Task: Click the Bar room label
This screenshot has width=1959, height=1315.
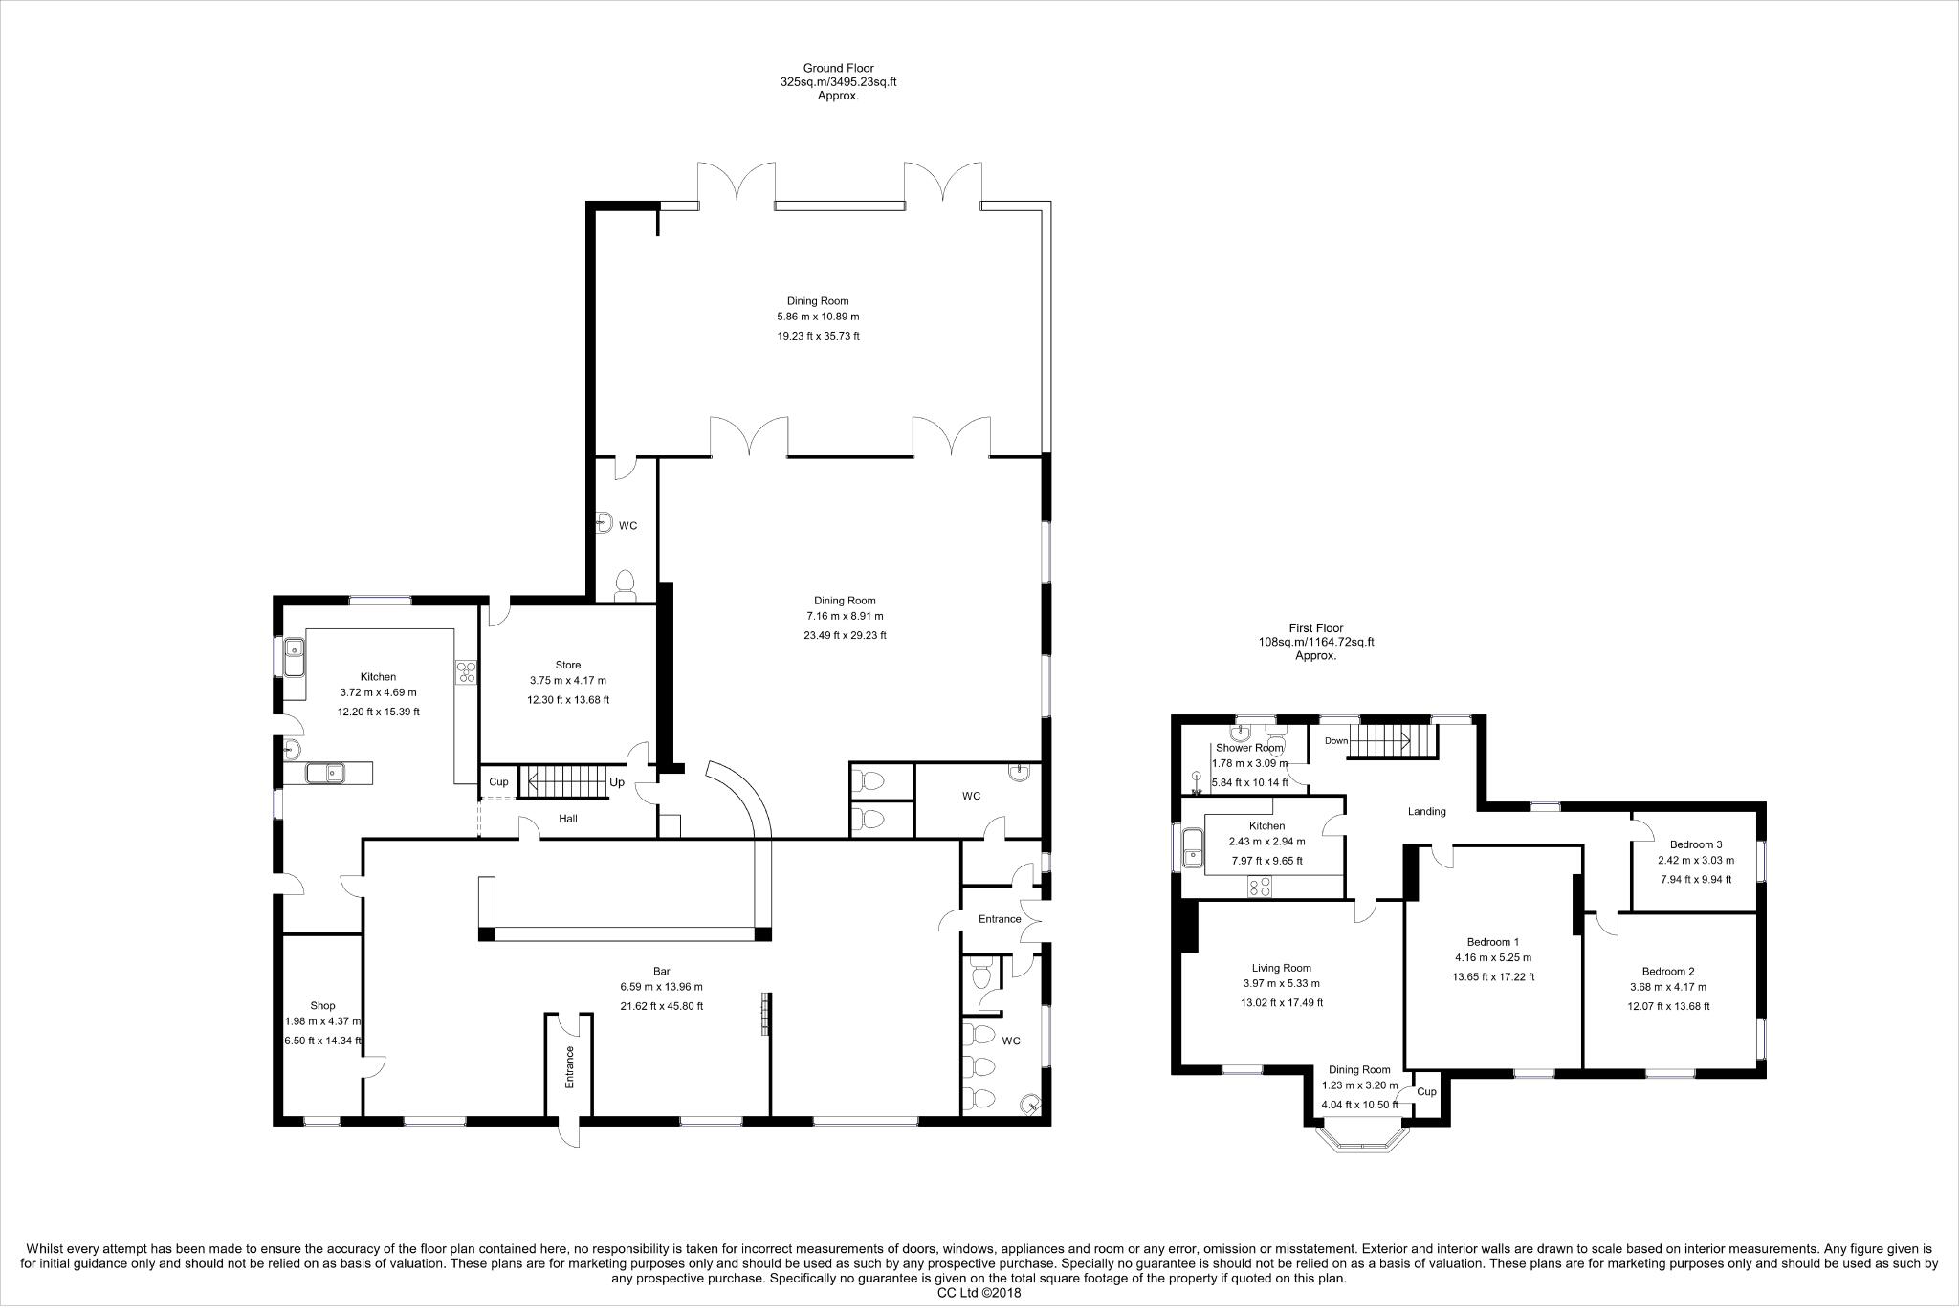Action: [x=660, y=972]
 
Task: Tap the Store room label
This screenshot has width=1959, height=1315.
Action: [x=568, y=665]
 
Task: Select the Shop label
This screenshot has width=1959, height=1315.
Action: [x=322, y=1005]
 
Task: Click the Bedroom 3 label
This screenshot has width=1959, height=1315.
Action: [x=1696, y=844]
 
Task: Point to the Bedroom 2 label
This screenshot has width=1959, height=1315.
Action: [x=1668, y=971]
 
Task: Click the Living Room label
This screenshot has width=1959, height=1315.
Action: [x=1282, y=968]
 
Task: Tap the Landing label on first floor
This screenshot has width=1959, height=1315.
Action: [x=1426, y=811]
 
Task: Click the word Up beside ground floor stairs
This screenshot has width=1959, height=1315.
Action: [x=617, y=782]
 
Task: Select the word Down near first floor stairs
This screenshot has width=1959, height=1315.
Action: [x=1336, y=741]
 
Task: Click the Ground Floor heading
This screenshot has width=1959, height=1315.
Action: [x=838, y=68]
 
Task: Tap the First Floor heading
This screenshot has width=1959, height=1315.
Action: [x=1315, y=628]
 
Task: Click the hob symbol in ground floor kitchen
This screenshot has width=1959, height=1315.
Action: [x=466, y=672]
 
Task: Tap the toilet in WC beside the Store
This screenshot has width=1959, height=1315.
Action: [x=625, y=583]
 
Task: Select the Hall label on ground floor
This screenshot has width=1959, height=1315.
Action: [x=568, y=819]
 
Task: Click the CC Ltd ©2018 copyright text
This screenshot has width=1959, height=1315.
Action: [x=980, y=1293]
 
